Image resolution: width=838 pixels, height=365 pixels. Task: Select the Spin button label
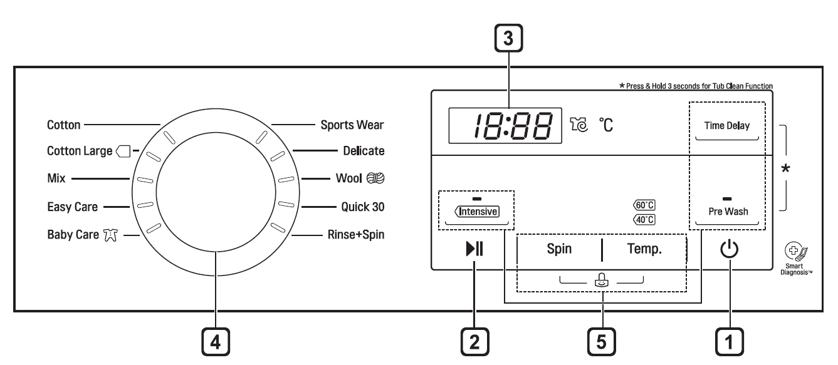point(559,249)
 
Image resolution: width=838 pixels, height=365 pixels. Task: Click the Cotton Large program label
point(80,151)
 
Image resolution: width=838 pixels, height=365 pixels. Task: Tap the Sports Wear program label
point(352,125)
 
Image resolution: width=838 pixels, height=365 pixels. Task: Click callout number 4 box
point(216,344)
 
